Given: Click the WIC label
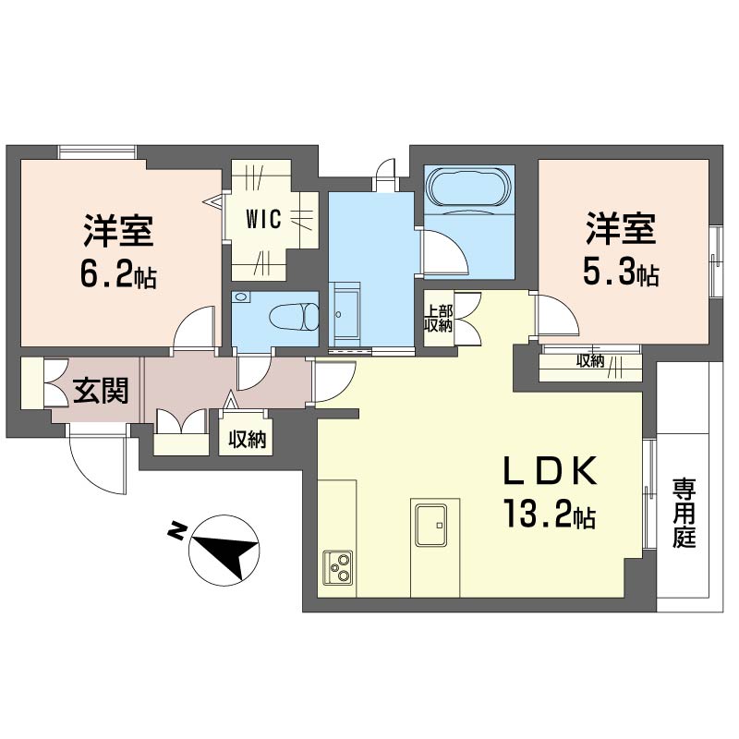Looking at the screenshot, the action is point(264,219).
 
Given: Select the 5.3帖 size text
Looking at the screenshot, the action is point(621,272).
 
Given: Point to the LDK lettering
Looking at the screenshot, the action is point(551,471).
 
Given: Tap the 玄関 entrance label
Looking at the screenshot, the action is point(101,390).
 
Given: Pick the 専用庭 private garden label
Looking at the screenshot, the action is point(684,513).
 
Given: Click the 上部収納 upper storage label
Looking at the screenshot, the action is point(438,319).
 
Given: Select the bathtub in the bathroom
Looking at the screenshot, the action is point(469,187).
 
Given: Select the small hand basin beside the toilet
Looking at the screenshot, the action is point(241,297).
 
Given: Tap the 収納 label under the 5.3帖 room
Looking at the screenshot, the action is point(590,361).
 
